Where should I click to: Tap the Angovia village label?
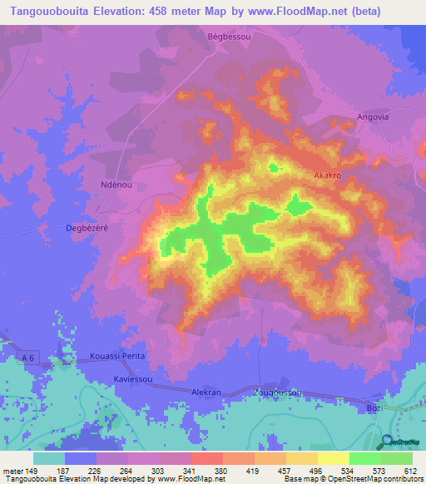point(372,117)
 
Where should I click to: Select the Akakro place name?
point(328,176)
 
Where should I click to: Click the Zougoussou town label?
point(276,392)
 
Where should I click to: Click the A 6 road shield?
point(29,358)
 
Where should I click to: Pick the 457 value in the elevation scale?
point(286,470)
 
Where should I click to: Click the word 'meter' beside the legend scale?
point(13,470)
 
